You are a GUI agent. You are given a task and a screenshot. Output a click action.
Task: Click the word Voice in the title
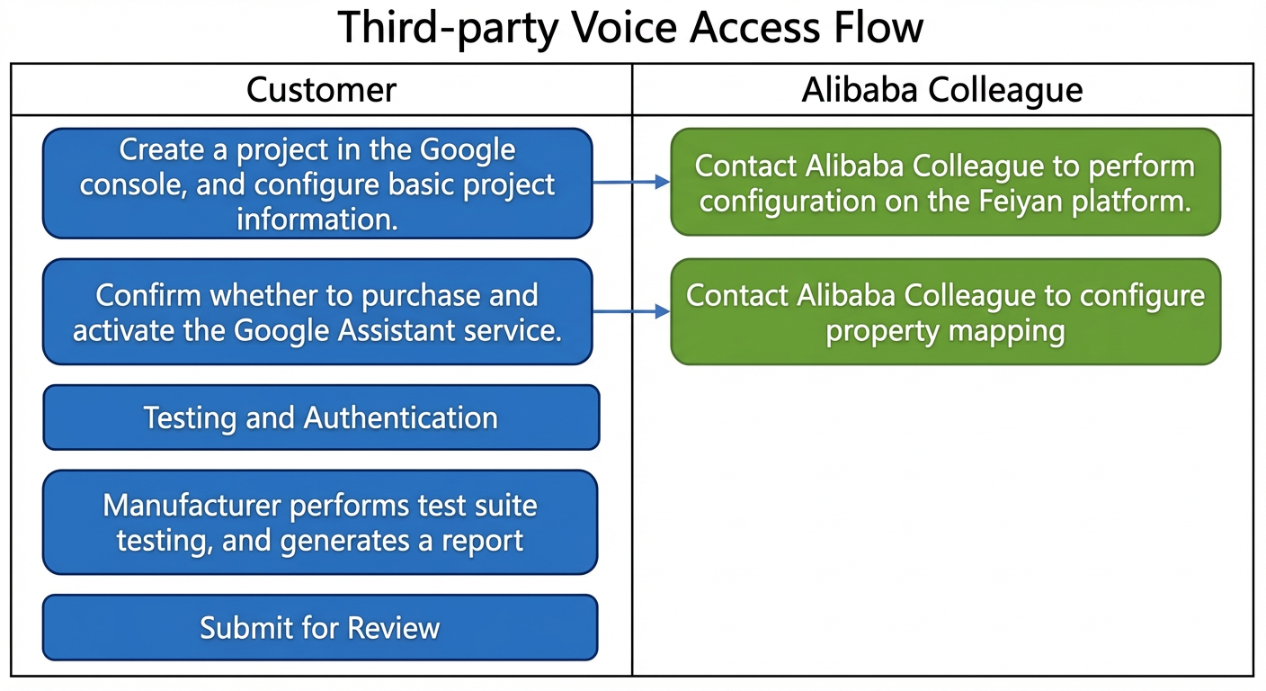point(623,27)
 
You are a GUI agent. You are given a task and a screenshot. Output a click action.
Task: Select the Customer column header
point(321,89)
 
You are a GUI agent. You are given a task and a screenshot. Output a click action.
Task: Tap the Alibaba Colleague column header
point(942,89)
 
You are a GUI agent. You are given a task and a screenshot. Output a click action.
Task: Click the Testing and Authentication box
point(321,417)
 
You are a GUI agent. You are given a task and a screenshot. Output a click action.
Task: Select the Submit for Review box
point(320,627)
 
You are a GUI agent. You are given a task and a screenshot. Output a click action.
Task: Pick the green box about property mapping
point(946,311)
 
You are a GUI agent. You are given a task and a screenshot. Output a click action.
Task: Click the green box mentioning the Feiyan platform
point(946,182)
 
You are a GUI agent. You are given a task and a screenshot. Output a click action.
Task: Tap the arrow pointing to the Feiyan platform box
point(631,182)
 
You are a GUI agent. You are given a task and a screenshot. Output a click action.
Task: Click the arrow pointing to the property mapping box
point(631,311)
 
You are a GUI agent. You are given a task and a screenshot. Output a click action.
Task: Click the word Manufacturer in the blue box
point(192,505)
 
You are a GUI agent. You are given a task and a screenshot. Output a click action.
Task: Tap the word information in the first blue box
point(317,220)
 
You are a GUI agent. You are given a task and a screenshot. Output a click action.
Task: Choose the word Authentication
point(401,417)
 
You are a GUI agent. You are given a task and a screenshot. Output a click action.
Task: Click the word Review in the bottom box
point(393,628)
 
